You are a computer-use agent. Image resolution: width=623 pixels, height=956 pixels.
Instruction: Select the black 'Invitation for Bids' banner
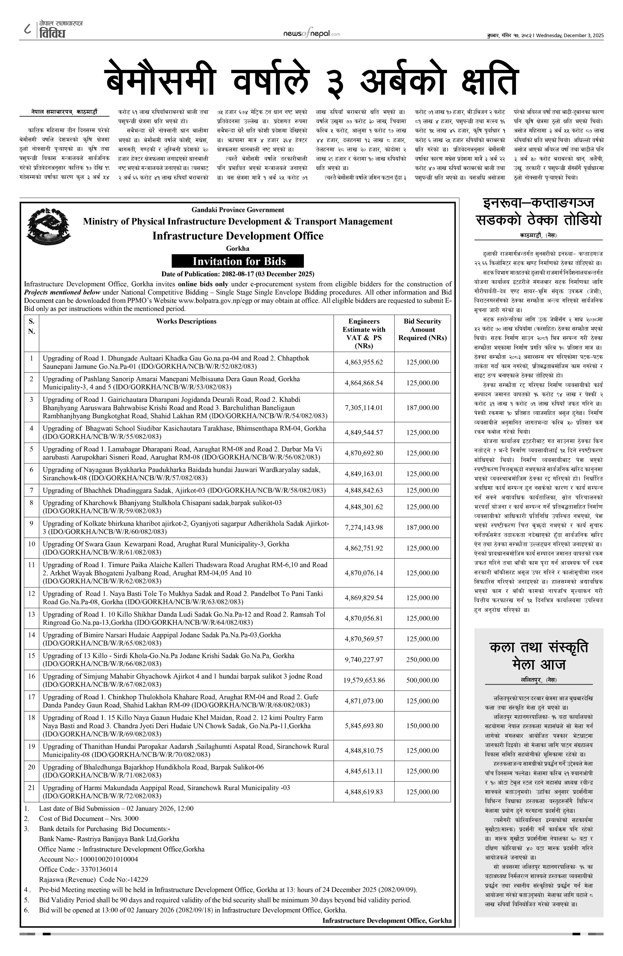[x=238, y=261]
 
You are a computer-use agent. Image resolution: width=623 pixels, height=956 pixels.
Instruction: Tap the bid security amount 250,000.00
[x=422, y=660]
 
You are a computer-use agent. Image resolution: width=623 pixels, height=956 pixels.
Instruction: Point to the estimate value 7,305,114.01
[x=364, y=408]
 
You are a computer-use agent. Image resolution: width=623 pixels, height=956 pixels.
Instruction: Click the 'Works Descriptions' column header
[x=186, y=321]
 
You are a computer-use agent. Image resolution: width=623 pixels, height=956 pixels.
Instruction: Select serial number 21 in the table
[x=31, y=788]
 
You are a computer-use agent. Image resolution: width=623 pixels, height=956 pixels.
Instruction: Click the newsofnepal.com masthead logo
[x=312, y=34]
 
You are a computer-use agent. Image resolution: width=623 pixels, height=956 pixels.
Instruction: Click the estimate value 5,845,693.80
[x=364, y=726]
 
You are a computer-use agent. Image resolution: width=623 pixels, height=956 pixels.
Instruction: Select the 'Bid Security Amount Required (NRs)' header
[x=422, y=329]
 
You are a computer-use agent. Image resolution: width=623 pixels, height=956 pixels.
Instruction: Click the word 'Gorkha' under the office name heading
[x=238, y=248]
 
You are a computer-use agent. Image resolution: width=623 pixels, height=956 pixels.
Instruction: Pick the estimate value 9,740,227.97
[x=364, y=660]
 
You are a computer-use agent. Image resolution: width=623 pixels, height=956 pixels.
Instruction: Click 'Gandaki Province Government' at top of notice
[x=238, y=210]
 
